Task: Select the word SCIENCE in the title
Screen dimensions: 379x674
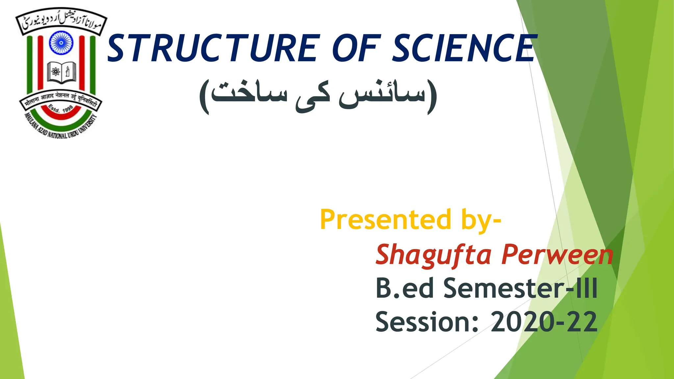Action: coord(464,49)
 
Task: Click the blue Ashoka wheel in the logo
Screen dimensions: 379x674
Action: coord(61,43)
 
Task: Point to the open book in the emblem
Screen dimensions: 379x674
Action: coord(62,72)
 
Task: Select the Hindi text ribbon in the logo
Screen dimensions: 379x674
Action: coord(61,98)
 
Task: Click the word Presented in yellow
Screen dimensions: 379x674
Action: coord(385,220)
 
